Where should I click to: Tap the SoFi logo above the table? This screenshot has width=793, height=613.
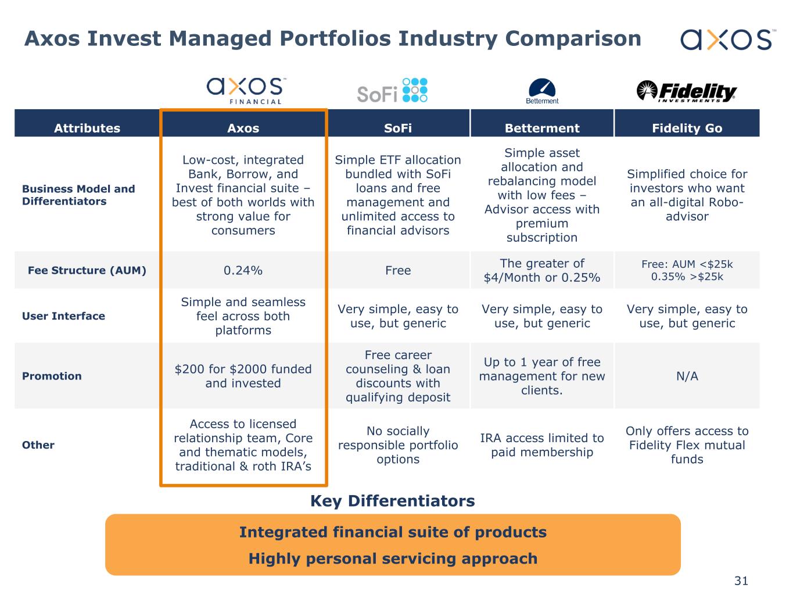click(392, 91)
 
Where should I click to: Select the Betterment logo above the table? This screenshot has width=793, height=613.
click(541, 92)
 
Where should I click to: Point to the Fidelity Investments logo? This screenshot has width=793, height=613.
click(687, 92)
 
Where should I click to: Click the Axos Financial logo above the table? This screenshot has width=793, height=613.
click(245, 91)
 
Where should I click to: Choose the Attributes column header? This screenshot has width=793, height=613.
click(87, 128)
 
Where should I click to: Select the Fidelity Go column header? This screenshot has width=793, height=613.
click(687, 128)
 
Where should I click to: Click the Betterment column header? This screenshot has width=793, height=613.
click(541, 128)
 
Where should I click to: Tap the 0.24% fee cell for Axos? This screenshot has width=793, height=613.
click(243, 270)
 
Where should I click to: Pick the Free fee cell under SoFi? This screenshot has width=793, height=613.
click(398, 270)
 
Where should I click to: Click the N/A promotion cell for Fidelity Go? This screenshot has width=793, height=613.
click(687, 376)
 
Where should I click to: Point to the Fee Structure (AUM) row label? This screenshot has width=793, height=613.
click(87, 270)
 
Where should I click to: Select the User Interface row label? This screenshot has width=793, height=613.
click(63, 316)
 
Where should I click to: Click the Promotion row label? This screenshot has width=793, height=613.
click(52, 376)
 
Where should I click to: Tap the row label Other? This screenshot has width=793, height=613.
click(38, 445)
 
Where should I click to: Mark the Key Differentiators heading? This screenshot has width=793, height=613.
click(393, 501)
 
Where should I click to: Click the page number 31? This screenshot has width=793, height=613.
click(741, 580)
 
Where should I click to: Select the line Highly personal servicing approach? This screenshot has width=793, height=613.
click(393, 558)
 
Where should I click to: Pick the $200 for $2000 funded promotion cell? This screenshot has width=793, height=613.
click(243, 376)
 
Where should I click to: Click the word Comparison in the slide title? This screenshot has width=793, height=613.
click(573, 38)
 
